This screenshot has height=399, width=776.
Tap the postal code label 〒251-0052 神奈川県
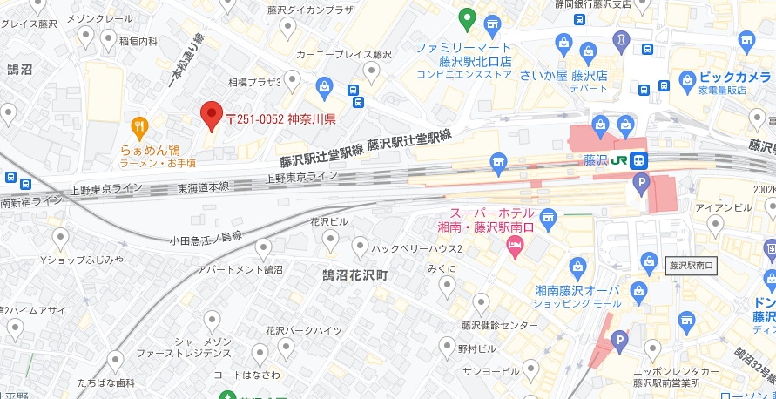(280, 119)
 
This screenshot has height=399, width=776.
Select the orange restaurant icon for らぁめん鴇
(139, 125)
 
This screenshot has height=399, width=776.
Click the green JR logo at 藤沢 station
(619, 159)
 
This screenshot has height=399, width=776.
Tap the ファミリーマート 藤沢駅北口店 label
(463, 60)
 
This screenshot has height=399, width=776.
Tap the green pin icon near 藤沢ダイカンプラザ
(467, 17)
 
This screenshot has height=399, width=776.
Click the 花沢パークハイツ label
(303, 331)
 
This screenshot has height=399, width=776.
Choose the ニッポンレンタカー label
(676, 371)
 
